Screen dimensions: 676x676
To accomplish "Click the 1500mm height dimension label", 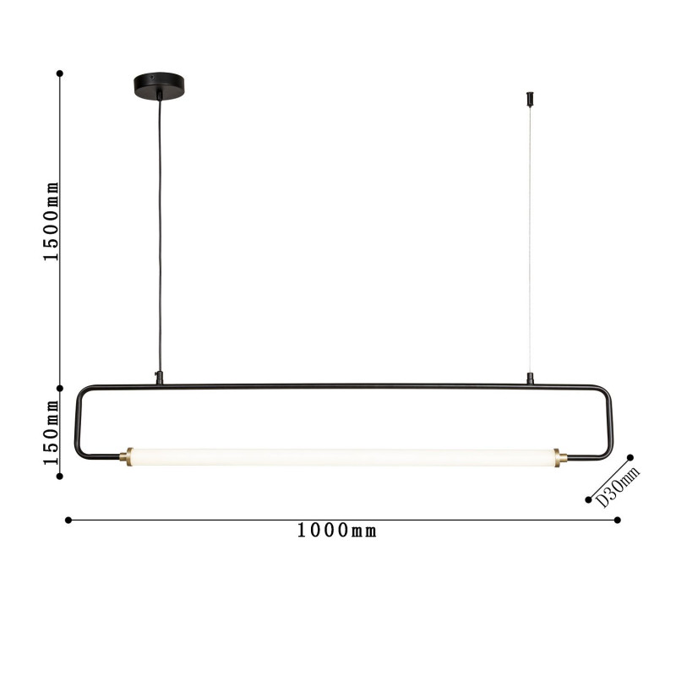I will click(x=52, y=221).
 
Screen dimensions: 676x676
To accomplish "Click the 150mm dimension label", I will click(x=52, y=433).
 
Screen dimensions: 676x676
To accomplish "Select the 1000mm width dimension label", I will click(x=336, y=531).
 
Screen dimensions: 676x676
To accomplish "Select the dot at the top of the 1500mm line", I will click(x=60, y=73).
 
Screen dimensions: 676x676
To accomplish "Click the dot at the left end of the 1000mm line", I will click(x=68, y=521).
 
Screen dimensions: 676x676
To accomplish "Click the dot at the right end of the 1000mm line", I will click(x=619, y=521).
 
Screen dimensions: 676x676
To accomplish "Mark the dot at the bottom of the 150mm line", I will click(x=60, y=477).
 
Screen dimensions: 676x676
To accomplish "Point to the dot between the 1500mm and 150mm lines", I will click(x=60, y=389).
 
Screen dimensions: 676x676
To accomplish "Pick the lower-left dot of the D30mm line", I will click(x=588, y=499).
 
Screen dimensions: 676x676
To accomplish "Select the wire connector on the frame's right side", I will click(x=530, y=379).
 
